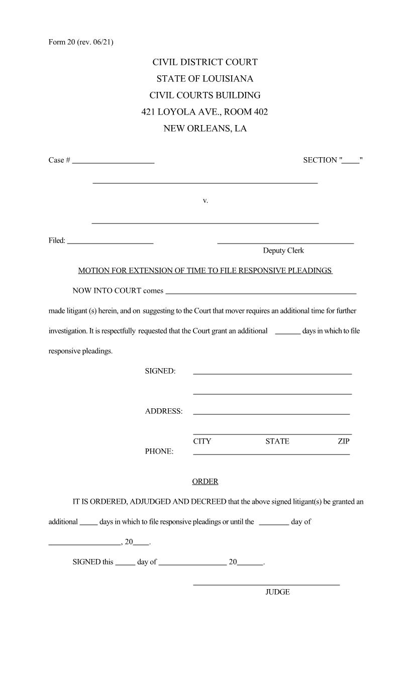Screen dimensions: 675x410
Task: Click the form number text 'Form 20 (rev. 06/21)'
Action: [81, 42]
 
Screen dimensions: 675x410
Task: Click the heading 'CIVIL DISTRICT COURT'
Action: [205, 62]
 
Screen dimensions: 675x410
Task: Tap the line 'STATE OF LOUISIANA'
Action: [205, 79]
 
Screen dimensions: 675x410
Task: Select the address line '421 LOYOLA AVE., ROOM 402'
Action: [205, 112]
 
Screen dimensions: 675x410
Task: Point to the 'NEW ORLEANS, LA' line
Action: [205, 129]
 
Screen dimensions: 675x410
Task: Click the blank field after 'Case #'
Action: [113, 161]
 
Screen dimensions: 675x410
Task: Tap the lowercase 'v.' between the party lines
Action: [205, 201]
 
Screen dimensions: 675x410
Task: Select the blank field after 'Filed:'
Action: [110, 241]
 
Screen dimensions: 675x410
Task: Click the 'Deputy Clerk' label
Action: [283, 251]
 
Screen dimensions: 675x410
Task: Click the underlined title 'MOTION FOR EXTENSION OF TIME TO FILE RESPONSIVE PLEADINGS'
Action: [205, 271]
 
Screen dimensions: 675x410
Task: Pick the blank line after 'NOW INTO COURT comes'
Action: [261, 291]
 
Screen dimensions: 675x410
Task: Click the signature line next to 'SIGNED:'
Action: [272, 372]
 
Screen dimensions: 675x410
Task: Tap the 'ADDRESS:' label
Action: [164, 411]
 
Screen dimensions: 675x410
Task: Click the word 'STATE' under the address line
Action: [277, 441]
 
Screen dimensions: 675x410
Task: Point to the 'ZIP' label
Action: [344, 441]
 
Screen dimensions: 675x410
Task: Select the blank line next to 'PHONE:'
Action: [271, 452]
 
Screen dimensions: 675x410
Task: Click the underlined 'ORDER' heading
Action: [205, 482]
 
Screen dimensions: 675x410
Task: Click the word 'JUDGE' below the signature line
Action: [277, 592]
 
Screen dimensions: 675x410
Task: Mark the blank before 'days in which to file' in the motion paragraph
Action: [288, 331]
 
